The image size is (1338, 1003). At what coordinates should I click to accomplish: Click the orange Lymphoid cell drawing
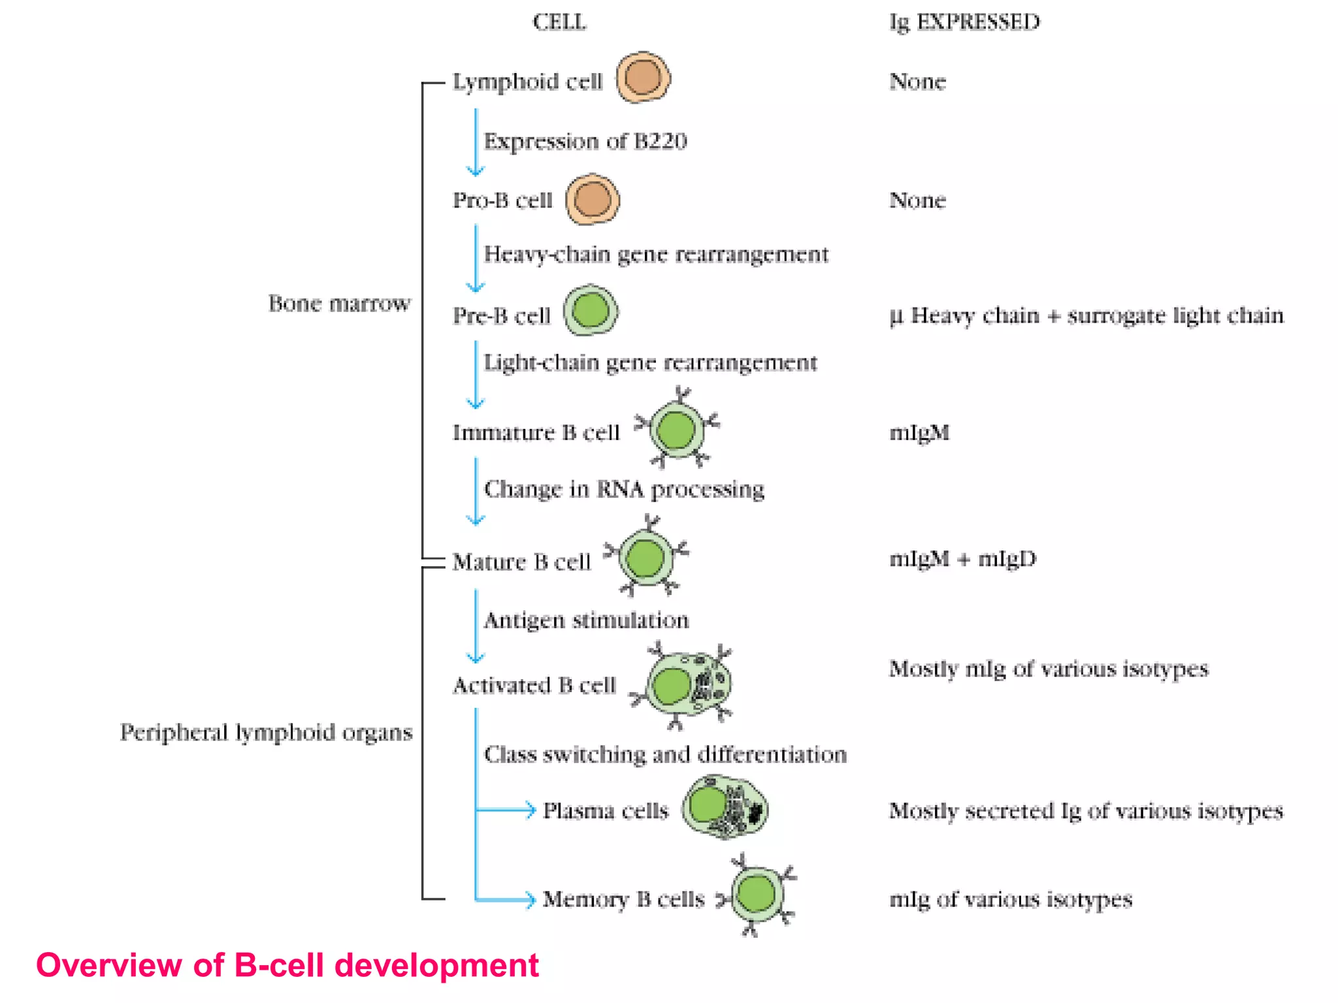tap(643, 78)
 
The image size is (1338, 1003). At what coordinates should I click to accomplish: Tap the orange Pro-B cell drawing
tap(593, 199)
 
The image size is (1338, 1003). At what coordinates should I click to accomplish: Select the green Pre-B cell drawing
tap(591, 311)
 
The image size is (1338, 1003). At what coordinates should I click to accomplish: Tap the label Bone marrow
tap(339, 304)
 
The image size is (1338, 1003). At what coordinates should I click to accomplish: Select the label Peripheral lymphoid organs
tap(266, 733)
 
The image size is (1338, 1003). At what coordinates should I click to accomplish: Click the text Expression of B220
tap(585, 141)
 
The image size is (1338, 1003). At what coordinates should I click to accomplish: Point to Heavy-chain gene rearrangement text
tap(655, 254)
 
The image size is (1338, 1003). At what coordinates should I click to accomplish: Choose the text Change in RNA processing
tap(624, 489)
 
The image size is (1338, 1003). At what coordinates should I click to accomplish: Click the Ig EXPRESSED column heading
tap(964, 22)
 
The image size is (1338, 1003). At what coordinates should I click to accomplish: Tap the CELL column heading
tap(559, 22)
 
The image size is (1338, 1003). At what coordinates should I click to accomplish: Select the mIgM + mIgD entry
tap(962, 559)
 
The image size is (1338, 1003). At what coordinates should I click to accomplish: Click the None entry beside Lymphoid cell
tap(917, 82)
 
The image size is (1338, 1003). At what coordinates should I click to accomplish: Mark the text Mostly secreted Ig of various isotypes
tap(1086, 811)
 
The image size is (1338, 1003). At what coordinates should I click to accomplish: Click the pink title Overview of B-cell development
tap(287, 965)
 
